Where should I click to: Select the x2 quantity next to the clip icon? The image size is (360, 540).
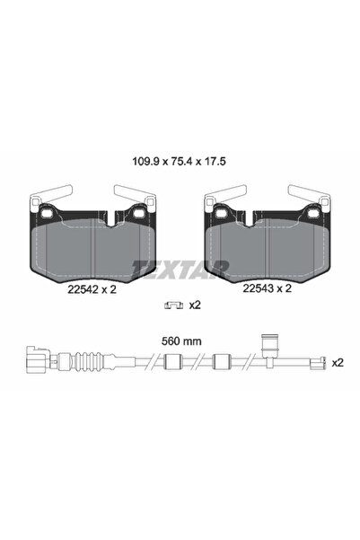(x=194, y=305)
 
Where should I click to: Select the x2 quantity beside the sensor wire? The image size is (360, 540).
(x=338, y=364)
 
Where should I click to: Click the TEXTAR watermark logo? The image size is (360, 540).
(x=180, y=267)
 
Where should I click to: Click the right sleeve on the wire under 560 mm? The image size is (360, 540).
(x=221, y=364)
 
